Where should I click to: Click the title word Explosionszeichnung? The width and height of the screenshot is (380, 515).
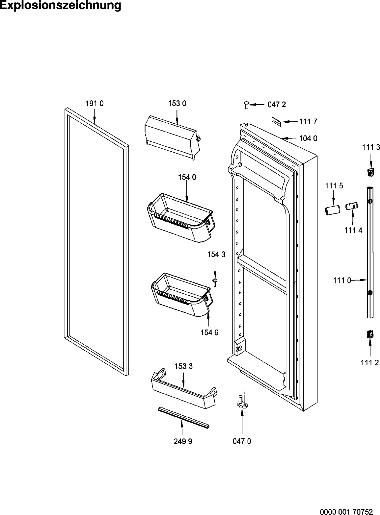tap(60, 6)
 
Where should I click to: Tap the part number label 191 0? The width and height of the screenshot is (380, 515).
tap(95, 104)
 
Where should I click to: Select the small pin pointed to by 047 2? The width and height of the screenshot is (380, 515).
tap(247, 105)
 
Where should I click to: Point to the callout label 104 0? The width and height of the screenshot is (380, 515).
tap(308, 138)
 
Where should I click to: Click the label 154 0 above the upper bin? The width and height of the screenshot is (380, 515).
tap(187, 177)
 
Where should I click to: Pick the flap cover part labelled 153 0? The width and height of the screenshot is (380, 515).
tap(172, 137)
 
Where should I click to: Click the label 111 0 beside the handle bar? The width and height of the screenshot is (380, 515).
tap(342, 281)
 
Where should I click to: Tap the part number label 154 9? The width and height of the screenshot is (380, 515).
tap(209, 332)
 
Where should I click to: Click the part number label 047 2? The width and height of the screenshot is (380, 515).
tap(277, 105)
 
